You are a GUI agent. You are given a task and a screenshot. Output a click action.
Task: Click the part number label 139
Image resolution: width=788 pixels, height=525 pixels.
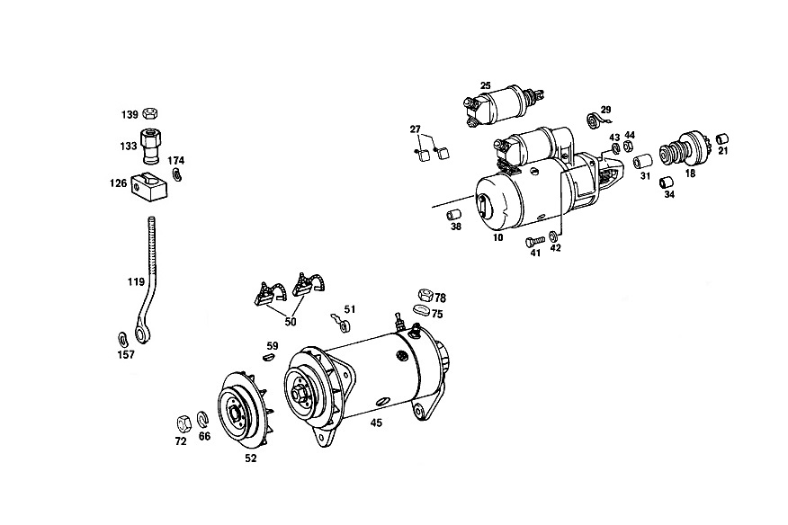pos(130,115)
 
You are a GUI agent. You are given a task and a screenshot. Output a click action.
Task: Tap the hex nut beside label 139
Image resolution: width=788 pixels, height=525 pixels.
pos(148,113)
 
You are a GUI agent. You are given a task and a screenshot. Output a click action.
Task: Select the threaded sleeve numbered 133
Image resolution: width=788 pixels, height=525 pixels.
pos(149,146)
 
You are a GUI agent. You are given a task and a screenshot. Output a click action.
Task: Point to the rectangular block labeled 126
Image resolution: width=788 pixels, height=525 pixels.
pos(149,185)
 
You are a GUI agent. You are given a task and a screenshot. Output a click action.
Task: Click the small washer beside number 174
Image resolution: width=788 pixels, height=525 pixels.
pos(176,174)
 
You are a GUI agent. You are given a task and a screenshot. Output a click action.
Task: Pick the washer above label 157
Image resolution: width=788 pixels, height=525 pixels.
pos(122,339)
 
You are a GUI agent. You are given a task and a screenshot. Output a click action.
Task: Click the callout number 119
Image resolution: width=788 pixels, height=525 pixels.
pos(136,282)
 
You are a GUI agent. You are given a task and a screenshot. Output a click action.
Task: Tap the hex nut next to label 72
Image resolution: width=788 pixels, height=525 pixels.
pos(183,423)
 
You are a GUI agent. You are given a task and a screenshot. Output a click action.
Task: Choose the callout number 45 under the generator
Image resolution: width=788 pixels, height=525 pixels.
pos(376,423)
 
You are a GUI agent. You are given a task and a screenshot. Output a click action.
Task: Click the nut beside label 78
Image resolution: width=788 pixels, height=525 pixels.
pos(425,294)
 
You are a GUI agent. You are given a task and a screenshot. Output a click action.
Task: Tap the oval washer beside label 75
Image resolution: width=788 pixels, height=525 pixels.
pos(421,309)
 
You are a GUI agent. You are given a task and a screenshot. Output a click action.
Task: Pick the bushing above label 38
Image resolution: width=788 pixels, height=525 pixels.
pos(454,215)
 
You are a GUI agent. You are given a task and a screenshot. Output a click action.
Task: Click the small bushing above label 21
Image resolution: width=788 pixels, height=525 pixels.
pos(722,138)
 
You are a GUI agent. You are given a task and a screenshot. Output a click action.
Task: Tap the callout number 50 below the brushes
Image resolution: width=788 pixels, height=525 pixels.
pos(291,322)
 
